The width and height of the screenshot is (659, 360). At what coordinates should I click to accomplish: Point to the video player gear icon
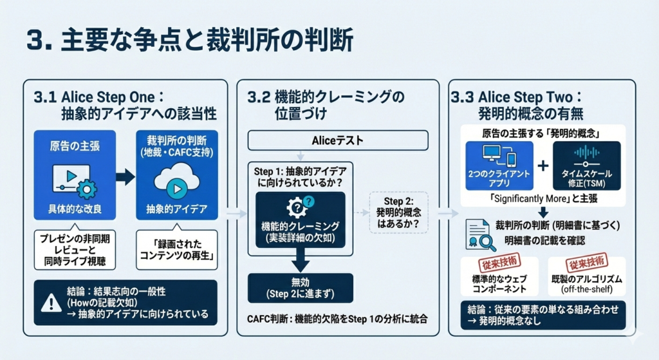pyautogui.click(x=86, y=189)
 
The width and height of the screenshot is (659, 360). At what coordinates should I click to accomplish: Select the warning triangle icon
pyautogui.click(x=50, y=303)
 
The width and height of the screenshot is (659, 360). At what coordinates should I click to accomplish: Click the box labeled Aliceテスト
pyautogui.click(x=338, y=140)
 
